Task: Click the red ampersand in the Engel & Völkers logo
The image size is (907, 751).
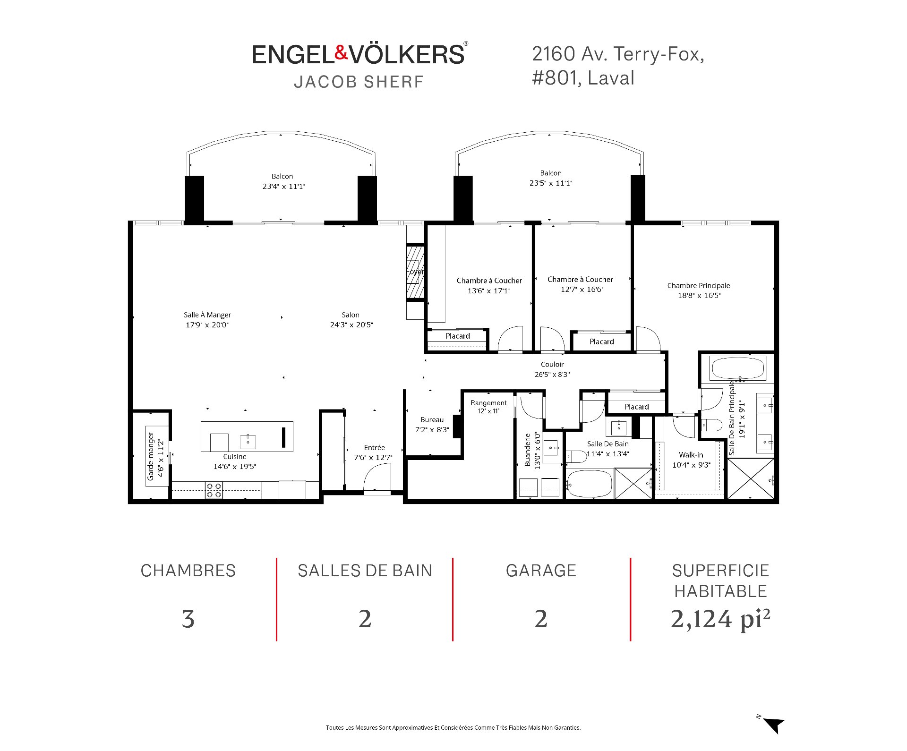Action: (342, 53)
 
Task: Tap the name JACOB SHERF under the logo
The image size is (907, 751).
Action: (359, 82)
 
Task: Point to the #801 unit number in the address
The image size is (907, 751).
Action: (556, 78)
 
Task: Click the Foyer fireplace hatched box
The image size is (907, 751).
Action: (415, 272)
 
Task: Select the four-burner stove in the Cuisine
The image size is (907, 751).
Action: (214, 490)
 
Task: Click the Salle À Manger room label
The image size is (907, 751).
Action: (207, 315)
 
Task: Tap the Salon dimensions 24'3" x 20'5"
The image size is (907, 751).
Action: (351, 325)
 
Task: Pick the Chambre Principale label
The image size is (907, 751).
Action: (699, 285)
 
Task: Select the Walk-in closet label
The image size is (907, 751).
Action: (691, 455)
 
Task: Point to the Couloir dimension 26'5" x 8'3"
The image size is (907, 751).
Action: (552, 375)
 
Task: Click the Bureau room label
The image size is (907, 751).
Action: (432, 420)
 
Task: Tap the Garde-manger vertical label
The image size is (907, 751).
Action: (151, 456)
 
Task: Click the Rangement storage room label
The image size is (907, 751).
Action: (488, 403)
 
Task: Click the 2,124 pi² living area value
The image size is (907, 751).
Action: (720, 619)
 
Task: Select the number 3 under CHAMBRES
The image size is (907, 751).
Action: (188, 619)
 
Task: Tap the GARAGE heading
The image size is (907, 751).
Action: (541, 571)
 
